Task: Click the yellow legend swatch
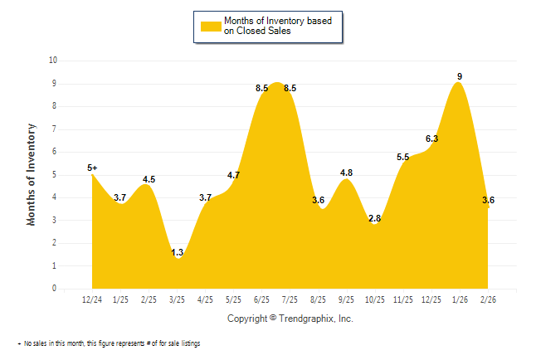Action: pyautogui.click(x=210, y=25)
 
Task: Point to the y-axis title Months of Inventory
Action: pyautogui.click(x=32, y=174)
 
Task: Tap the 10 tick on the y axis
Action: pyautogui.click(x=53, y=61)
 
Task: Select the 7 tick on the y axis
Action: pyautogui.click(x=55, y=129)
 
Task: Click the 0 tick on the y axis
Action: pyautogui.click(x=55, y=289)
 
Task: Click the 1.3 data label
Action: pyautogui.click(x=177, y=252)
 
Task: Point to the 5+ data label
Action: pyautogui.click(x=92, y=168)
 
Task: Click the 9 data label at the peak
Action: pyautogui.click(x=460, y=76)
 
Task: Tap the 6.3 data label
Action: pyautogui.click(x=431, y=139)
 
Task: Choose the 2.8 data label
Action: pyautogui.click(x=374, y=218)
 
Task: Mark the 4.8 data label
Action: pyautogui.click(x=346, y=173)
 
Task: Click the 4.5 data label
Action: pyautogui.click(x=149, y=179)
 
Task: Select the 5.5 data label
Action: pyautogui.click(x=403, y=157)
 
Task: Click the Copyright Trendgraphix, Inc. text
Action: pyautogui.click(x=290, y=319)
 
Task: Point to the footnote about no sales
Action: pyautogui.click(x=109, y=343)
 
